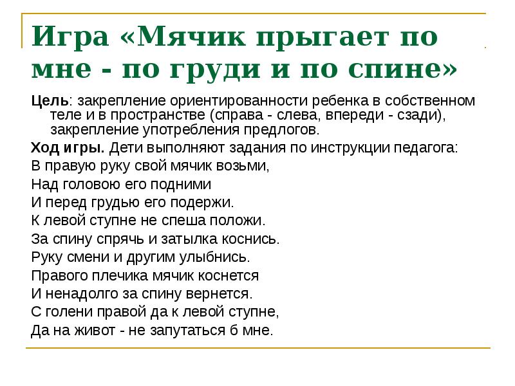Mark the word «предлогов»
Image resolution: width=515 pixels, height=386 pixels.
click(x=283, y=129)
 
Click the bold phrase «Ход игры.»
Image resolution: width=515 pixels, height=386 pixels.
click(x=68, y=148)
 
